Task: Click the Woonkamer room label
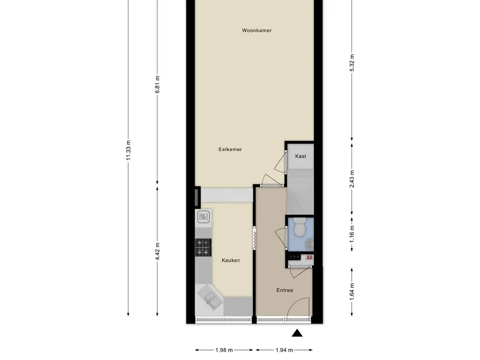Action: coord(256,30)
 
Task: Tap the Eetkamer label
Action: coord(230,150)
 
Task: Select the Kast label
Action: coord(300,156)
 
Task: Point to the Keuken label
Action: coord(231,260)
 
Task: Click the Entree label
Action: coord(285,290)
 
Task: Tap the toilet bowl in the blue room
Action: coord(299,227)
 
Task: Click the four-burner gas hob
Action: coord(203,247)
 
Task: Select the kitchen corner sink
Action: coord(210,299)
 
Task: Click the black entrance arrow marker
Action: coord(297,333)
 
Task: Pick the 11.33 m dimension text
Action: coord(128,150)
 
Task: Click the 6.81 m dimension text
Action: coord(157,84)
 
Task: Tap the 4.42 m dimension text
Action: coord(157,251)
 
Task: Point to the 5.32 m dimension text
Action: coord(352,62)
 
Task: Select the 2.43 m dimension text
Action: coord(352,179)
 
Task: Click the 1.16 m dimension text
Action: coord(352,234)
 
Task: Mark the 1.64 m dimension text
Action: coord(352,292)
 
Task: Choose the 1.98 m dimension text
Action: coord(224,350)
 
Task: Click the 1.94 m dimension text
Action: coord(284,350)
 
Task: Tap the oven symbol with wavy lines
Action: coord(203,217)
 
